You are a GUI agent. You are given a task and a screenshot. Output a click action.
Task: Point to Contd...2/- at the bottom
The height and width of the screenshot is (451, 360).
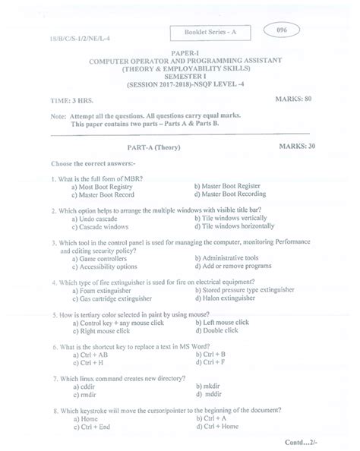pyautogui.click(x=319, y=440)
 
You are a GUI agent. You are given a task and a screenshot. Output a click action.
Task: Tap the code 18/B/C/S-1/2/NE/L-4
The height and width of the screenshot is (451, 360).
pyautogui.click(x=58, y=46)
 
